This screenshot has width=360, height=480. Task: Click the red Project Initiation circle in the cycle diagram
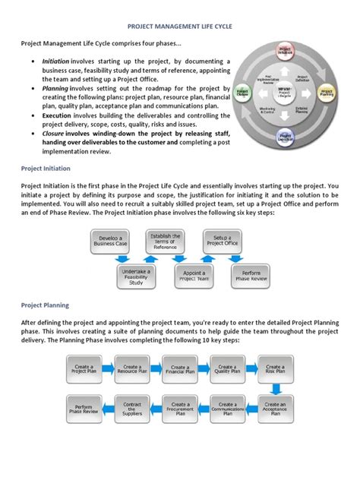(286, 52)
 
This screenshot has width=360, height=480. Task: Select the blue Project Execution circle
(286, 139)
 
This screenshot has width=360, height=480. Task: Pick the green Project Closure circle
(242, 93)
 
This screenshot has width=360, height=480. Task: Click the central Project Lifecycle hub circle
(286, 95)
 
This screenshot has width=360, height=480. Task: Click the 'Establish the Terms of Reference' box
(166, 242)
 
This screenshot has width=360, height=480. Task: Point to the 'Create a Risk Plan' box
(276, 369)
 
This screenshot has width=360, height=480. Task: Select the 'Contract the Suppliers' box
(133, 409)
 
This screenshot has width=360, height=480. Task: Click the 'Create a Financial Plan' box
(181, 369)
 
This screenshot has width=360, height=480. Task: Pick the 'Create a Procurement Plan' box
(181, 409)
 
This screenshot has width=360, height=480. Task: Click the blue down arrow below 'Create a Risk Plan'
(276, 388)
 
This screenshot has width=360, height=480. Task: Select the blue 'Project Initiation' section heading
(45, 168)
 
